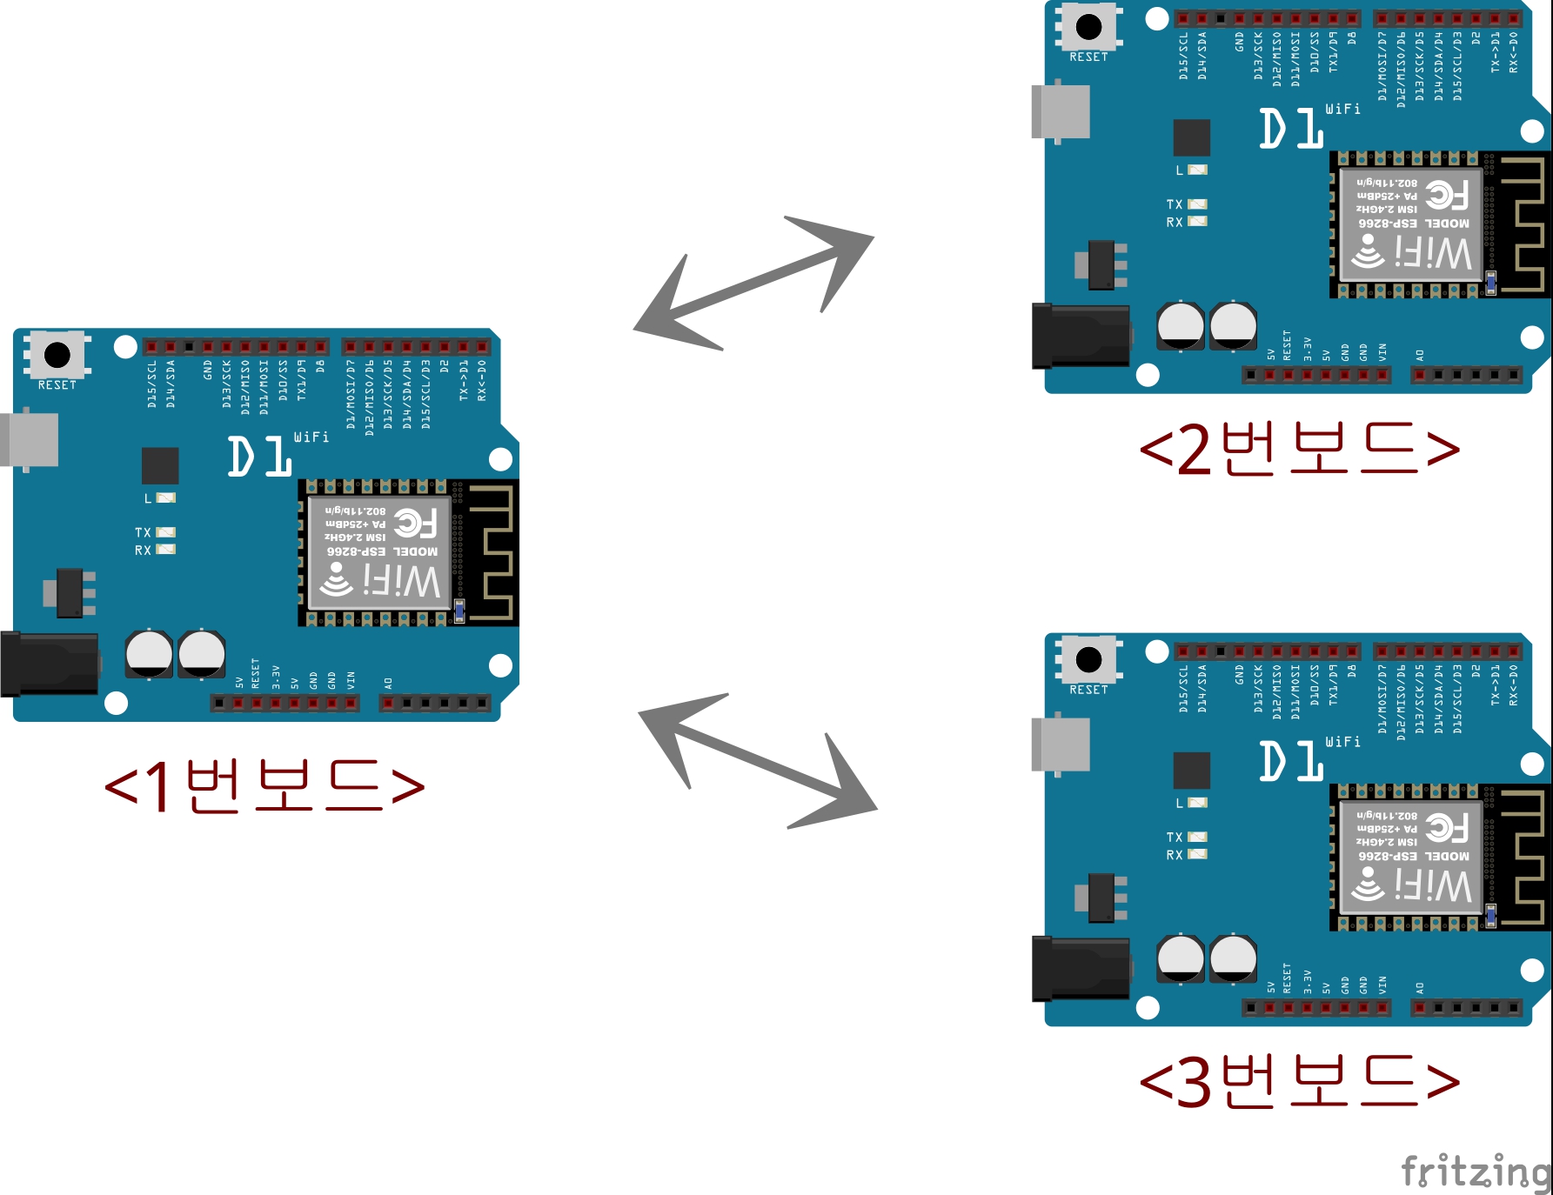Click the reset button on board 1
(57, 355)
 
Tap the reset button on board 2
(1088, 27)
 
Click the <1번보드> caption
(264, 785)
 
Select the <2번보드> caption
(1299, 449)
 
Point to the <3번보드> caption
(1299, 1081)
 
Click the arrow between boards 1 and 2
(753, 283)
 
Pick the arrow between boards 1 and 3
(757, 759)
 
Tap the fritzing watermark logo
(1476, 1172)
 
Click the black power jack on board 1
(50, 664)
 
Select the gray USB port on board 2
(1061, 112)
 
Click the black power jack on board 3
(1081, 969)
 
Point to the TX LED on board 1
(165, 532)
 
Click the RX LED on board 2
(1197, 222)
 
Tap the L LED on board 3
(1197, 803)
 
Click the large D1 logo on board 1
(259, 457)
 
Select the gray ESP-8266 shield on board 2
(1410, 224)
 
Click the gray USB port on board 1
(30, 440)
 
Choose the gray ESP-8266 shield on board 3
(1410, 858)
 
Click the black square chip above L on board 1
(160, 465)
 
